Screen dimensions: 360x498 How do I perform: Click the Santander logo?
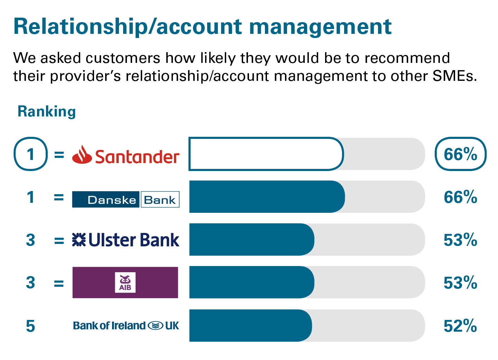(x=126, y=155)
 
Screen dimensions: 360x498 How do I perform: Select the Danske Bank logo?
(x=126, y=199)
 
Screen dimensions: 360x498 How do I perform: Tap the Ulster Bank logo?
(x=126, y=240)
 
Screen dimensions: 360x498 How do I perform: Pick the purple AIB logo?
(x=125, y=282)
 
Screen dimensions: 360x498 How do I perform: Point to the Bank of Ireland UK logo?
(x=126, y=325)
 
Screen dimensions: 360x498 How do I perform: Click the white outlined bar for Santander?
(x=266, y=154)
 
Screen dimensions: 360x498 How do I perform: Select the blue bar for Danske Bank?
(x=267, y=197)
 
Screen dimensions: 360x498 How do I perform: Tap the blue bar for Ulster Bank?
(x=251, y=239)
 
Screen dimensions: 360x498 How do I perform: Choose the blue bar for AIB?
(x=251, y=282)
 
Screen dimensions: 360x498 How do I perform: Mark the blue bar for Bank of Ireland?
(x=250, y=325)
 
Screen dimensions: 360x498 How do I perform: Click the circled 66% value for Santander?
(x=460, y=154)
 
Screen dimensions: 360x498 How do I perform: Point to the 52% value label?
(x=460, y=326)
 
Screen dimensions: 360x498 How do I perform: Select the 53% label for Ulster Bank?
(x=460, y=240)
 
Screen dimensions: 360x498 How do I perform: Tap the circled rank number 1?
(x=30, y=154)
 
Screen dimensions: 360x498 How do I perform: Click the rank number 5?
(x=30, y=326)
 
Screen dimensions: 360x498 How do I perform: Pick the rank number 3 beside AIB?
(x=30, y=283)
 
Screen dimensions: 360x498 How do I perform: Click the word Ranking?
(x=47, y=112)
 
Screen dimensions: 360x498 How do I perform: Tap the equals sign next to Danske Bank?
(x=59, y=197)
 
